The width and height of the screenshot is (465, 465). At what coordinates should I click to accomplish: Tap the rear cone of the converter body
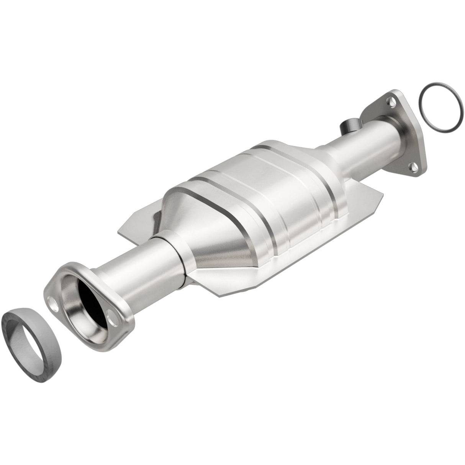point(314,153)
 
